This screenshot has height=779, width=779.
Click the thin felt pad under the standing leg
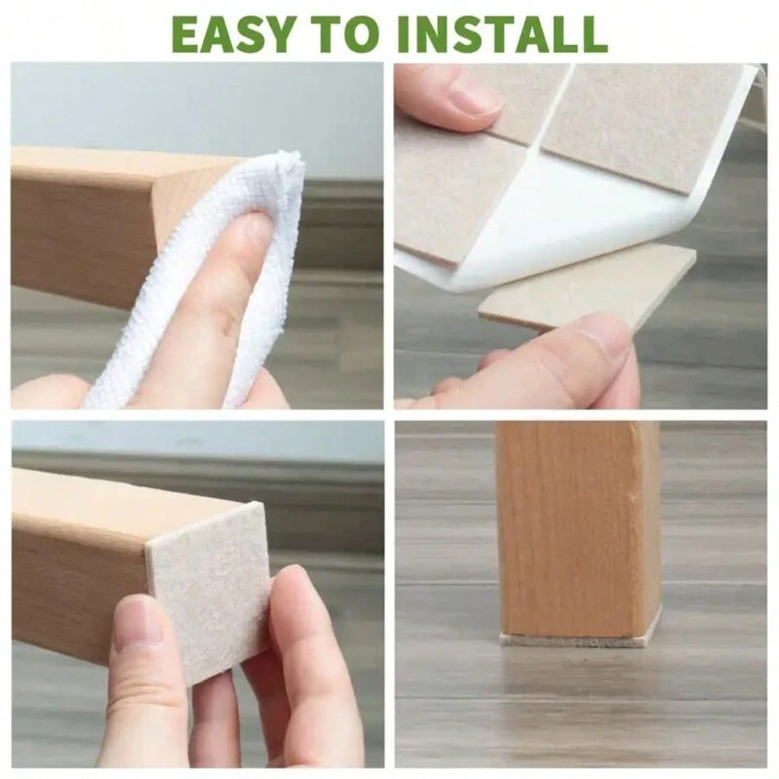tap(579, 641)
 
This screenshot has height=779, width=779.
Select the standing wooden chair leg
tap(578, 529)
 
